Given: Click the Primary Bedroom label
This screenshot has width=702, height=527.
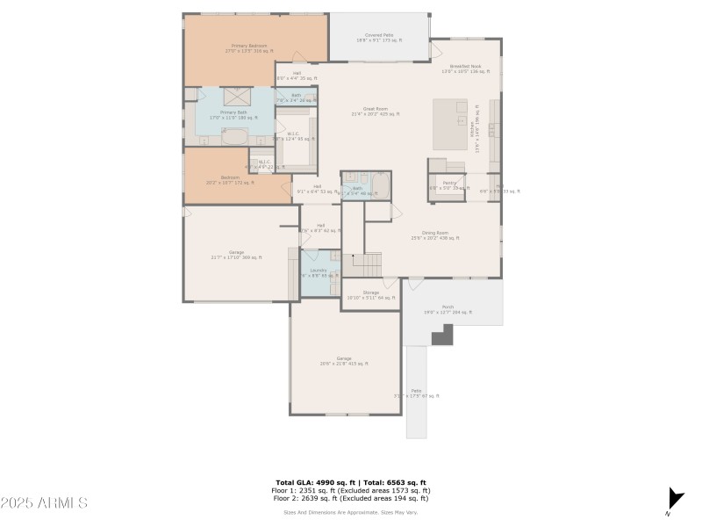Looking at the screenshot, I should (249, 48).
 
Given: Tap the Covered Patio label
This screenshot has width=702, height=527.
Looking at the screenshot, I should (379, 38).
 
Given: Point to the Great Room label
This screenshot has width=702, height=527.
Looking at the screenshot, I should (376, 112).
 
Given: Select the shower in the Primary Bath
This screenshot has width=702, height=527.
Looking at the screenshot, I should (236, 96).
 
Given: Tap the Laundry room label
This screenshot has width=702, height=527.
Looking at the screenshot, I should (319, 272).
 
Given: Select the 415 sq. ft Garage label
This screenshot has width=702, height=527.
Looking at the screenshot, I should (343, 361).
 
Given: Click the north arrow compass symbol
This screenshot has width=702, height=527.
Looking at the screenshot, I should (674, 498).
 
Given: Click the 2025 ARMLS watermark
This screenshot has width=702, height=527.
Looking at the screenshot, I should (44, 503).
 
